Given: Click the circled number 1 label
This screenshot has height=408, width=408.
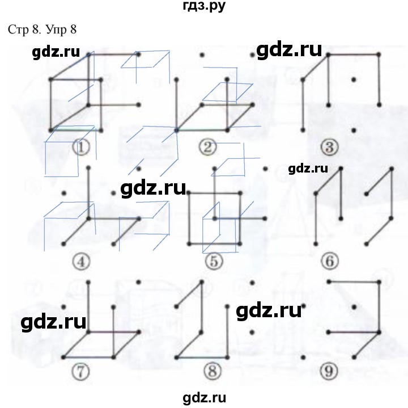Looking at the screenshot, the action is (x=82, y=147).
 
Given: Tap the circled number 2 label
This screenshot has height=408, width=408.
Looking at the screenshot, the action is (x=207, y=147).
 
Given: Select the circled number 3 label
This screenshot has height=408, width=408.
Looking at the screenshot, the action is (x=329, y=147).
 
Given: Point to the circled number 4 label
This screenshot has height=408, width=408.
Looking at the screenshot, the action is (x=81, y=262).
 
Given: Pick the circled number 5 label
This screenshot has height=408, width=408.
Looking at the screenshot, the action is (x=214, y=261).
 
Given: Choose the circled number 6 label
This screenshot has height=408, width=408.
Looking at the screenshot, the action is (x=330, y=261).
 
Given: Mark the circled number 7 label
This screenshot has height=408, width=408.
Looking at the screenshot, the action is (x=80, y=371).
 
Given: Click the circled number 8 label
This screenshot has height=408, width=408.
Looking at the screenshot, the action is (x=212, y=371).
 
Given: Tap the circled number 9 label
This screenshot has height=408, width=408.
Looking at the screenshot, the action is (x=329, y=371).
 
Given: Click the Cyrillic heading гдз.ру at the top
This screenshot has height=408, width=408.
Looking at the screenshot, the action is (x=204, y=6).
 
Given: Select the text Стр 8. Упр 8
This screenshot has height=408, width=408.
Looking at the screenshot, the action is (x=42, y=29).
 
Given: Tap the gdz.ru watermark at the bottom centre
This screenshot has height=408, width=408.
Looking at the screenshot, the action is (x=204, y=398).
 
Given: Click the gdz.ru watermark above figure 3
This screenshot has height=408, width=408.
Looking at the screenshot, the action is (x=289, y=50).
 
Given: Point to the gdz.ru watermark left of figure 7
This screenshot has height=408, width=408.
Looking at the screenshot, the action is (x=53, y=322).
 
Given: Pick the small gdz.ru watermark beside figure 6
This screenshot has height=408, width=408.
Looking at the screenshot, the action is (x=308, y=169).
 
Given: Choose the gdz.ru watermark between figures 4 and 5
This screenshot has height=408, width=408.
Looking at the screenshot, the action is (x=153, y=188).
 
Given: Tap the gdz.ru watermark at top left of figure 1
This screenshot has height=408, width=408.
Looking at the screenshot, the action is (x=56, y=52).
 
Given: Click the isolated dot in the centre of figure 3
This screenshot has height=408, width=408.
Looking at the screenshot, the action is (x=354, y=79).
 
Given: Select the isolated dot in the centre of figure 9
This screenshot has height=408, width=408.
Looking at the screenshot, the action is (x=354, y=308).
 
